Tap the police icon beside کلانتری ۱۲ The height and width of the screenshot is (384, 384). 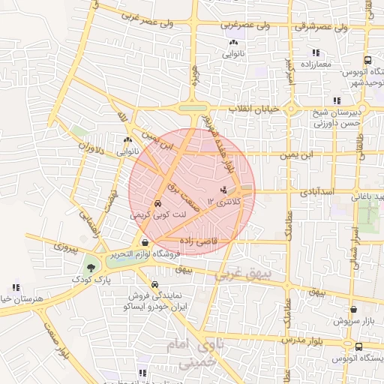point(223,189)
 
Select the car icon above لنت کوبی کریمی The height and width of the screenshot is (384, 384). point(157,203)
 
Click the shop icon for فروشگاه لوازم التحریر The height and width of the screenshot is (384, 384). point(145,242)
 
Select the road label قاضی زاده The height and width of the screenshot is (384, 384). point(197,241)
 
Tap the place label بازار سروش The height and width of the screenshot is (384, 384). point(352,320)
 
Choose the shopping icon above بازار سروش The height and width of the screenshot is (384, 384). point(353,308)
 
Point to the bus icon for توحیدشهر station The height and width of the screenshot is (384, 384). point(367,60)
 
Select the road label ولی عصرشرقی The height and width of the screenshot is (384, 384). point(323,27)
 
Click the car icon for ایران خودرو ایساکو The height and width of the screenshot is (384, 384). point(154,285)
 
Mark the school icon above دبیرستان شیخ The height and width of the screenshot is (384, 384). point(337,100)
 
